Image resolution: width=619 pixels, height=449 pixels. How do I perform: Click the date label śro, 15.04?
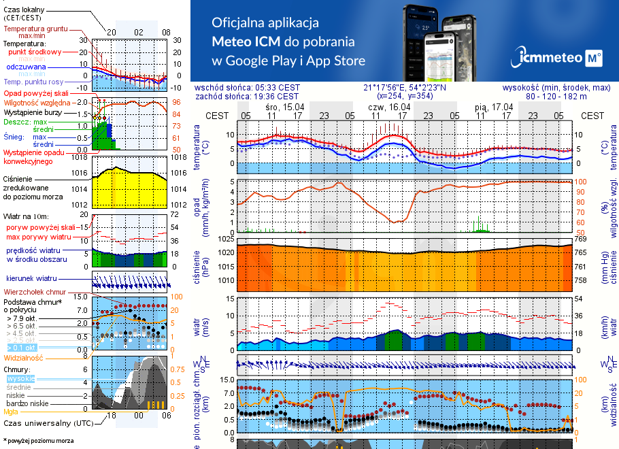click(284, 107)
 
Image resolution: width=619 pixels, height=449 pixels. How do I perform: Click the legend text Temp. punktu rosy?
click(33, 82)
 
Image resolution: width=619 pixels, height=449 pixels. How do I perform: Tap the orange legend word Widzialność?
click(24, 357)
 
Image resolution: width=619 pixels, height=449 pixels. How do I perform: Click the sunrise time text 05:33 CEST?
click(277, 87)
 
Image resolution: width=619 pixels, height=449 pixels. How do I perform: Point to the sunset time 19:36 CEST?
click(277, 96)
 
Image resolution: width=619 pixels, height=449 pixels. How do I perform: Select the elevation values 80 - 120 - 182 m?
click(575, 96)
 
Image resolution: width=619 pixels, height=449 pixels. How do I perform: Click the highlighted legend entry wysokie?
click(20, 378)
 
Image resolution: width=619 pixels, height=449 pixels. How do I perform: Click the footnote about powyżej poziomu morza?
click(38, 441)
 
